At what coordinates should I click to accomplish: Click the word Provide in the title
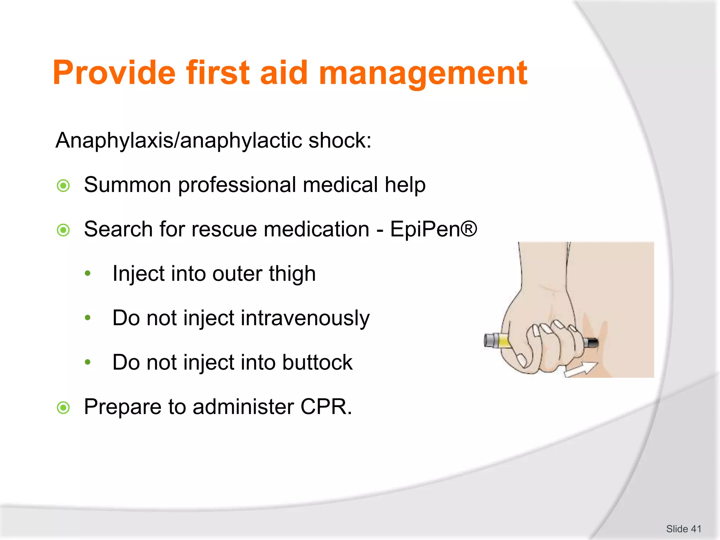tap(114, 73)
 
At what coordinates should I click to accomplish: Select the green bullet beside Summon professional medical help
tap(63, 186)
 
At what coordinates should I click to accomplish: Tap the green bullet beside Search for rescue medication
tap(63, 230)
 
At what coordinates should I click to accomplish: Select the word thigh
tap(292, 274)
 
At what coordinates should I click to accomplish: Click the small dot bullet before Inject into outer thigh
tap(88, 273)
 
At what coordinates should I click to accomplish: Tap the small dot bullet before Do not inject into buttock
tap(88, 362)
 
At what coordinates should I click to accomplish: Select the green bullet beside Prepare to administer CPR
tap(63, 408)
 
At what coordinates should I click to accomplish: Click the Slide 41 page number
tap(683, 529)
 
